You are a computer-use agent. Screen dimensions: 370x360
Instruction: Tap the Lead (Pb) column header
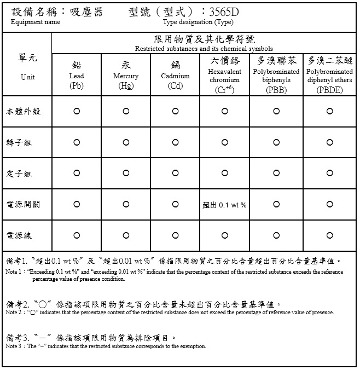(77, 76)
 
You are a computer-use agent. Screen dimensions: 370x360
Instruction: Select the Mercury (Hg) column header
(126, 76)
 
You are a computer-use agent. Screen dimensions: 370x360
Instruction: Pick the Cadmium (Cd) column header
(175, 76)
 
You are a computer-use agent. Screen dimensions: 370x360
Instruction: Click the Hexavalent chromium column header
(224, 76)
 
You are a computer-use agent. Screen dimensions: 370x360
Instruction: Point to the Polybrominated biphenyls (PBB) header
(276, 76)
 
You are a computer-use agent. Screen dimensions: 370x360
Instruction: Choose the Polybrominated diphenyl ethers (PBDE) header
(329, 76)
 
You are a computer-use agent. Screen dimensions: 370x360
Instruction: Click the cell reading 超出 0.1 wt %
(224, 205)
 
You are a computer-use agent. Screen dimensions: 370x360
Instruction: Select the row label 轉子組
(19, 142)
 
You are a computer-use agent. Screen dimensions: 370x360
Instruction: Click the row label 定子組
(19, 174)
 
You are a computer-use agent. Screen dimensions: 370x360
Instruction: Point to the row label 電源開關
(22, 205)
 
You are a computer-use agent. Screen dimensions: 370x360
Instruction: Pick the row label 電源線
(19, 236)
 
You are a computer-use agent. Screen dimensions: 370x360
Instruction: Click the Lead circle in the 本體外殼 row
(77, 111)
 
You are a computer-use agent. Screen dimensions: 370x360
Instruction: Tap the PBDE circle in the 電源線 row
(329, 236)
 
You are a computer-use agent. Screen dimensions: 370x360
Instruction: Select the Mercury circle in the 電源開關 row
(126, 205)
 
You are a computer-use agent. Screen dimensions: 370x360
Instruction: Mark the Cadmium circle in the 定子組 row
(175, 174)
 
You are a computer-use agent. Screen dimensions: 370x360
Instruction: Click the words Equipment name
(36, 22)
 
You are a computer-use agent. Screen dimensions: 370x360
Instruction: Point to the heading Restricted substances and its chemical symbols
(204, 49)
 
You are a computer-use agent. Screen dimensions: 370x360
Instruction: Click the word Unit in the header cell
(27, 77)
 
